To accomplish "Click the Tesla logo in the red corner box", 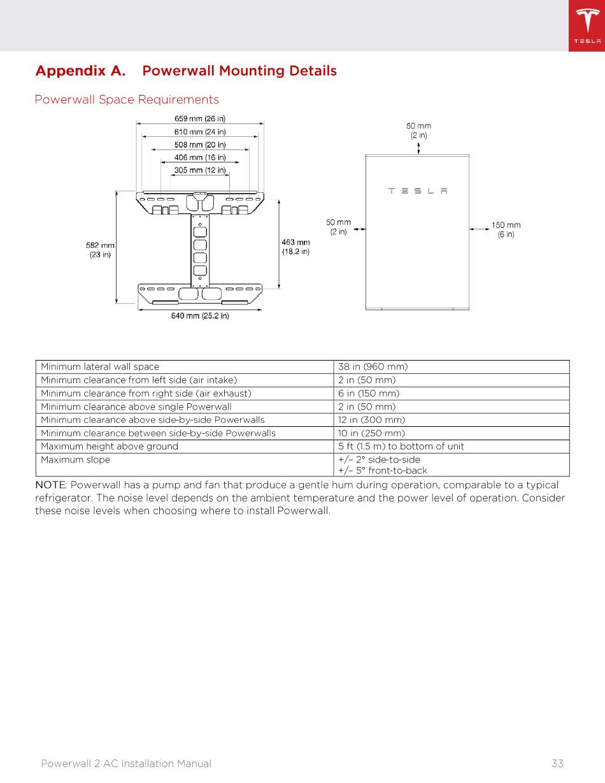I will (587, 25).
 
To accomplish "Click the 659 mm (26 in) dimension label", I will (199, 119).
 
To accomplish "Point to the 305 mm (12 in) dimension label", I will (199, 170).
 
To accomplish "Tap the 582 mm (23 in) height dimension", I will (100, 250).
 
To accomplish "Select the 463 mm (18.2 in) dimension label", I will (295, 247).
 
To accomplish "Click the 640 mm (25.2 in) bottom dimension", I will (200, 316).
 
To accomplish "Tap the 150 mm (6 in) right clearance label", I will (506, 229).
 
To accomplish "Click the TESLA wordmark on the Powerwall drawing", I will (418, 190).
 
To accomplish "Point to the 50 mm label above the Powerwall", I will (418, 130).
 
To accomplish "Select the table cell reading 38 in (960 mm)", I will (373, 367).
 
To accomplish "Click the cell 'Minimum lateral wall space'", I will (100, 367).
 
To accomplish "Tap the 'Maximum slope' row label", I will (75, 460).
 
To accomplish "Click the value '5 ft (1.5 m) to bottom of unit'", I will (401, 447).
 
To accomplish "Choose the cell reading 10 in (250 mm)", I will (371, 433).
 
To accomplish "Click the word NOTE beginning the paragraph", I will (50, 485).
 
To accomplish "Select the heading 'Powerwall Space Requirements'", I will (127, 99).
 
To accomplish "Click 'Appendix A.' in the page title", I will (80, 71).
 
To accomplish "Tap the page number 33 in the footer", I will (557, 763).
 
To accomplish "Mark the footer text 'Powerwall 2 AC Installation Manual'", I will (126, 763).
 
